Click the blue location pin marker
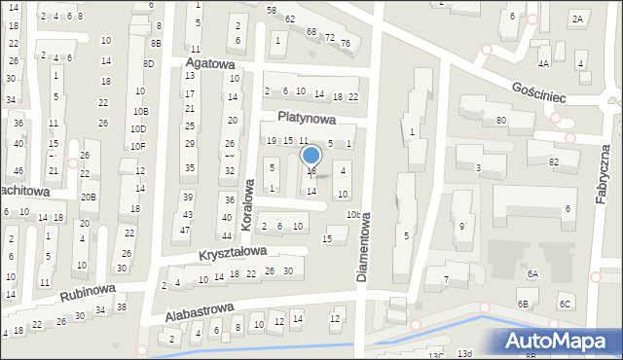pyautogui.click(x=311, y=157)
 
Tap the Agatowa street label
pyautogui.click(x=211, y=64)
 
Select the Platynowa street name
pyautogui.click(x=306, y=119)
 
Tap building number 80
pyautogui.click(x=500, y=120)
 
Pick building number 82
pyautogui.click(x=553, y=162)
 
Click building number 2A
pyautogui.click(x=577, y=19)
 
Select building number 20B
pyautogui.click(x=89, y=197)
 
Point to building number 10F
pyautogui.click(x=139, y=146)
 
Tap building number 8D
pyautogui.click(x=148, y=63)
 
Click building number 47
pyautogui.click(x=185, y=230)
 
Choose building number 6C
pyautogui.click(x=565, y=305)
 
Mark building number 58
pyautogui.click(x=272, y=10)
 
